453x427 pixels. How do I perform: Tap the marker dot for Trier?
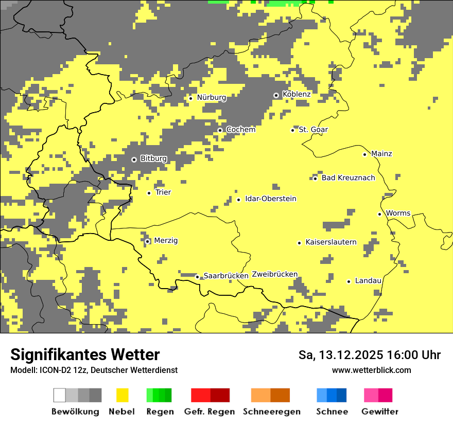pos(149,193)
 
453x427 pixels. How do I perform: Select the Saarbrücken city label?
pos(226,276)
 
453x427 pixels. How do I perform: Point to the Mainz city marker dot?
pos(364,154)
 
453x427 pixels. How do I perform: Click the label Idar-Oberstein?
pos(271,199)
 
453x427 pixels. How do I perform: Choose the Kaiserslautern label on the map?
pos(331,242)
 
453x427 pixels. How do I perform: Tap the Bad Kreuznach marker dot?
pos(315,179)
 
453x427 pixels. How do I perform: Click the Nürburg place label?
pos(211,97)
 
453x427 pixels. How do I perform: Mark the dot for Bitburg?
pos(134,159)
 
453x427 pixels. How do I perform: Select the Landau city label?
pos(368,280)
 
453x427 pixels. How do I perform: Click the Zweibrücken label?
pos(275,274)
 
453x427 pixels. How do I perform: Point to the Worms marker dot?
pos(379,214)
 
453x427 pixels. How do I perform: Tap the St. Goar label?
pos(313,130)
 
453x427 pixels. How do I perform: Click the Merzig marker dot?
pos(147,241)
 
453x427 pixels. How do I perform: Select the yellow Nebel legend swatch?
pos(122,395)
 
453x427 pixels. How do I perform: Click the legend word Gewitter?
pos(379,412)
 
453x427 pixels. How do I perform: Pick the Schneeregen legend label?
pos(271,412)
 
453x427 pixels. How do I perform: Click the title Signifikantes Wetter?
pos(85,354)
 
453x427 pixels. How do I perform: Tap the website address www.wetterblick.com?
pos(371,370)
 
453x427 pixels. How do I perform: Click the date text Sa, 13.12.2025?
pos(340,355)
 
